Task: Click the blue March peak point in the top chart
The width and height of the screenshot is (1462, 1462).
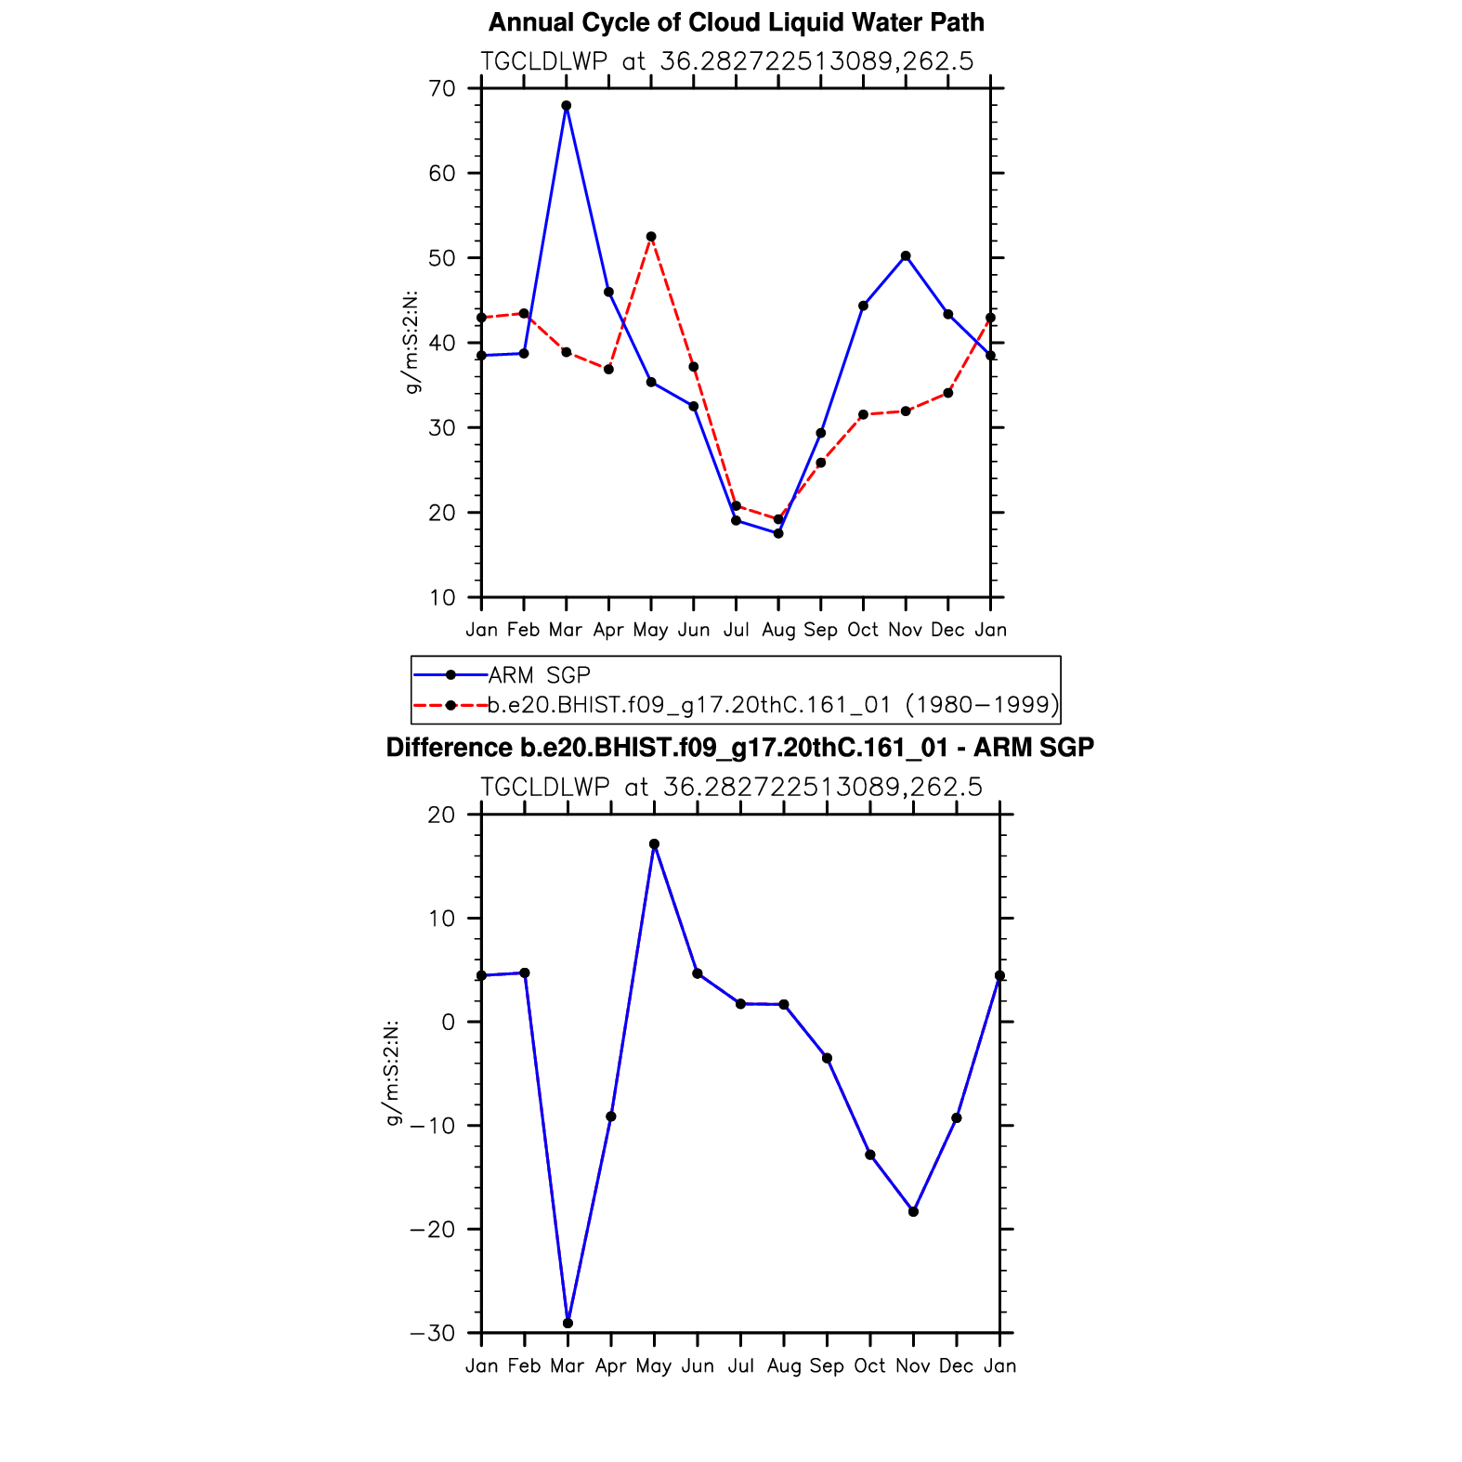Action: coord(567,106)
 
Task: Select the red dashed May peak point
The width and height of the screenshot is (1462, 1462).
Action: coord(651,237)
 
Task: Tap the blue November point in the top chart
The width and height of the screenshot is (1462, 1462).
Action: coord(906,256)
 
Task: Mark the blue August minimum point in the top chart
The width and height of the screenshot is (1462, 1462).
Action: coord(778,533)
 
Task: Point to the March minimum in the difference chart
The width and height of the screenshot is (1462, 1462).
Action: coord(568,1323)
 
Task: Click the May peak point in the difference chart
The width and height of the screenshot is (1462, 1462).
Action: coord(654,844)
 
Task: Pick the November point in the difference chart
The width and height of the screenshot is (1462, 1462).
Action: coord(913,1211)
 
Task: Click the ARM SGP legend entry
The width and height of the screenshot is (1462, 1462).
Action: coord(539,675)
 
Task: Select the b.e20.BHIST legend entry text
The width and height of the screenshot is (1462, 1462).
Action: coord(773,705)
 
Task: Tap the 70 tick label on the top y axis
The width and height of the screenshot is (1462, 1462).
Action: coord(442,89)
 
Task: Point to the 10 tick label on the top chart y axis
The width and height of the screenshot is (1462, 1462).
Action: coord(442,598)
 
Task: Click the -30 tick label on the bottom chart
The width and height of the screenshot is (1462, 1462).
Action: coord(432,1334)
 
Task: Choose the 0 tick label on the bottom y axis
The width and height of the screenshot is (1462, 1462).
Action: coord(449,1023)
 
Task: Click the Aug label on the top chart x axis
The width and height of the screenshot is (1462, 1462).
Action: coord(778,631)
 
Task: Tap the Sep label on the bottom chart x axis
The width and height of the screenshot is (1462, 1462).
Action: coord(827,1366)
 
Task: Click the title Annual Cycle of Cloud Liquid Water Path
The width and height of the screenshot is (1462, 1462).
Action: coord(736,22)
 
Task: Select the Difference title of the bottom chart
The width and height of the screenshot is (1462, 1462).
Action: coord(739,748)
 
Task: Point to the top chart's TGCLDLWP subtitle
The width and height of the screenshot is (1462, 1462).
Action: coord(726,61)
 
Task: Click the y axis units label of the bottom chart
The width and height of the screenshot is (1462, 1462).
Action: coord(393,1074)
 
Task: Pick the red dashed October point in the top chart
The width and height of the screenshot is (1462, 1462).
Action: coord(863,414)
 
